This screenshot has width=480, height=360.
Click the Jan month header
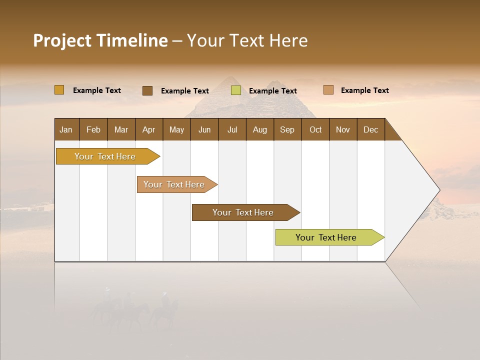tap(66, 129)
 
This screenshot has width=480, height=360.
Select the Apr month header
tap(148, 129)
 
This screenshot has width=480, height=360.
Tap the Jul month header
tap(232, 129)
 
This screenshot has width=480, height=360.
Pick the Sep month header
tap(287, 129)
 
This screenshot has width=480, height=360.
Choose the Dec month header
tap(370, 129)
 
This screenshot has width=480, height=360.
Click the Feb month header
tap(93, 129)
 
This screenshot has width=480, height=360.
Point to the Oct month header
tap(315, 129)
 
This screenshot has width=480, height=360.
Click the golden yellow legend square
tap(59, 90)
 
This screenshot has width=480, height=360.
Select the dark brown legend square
tap(147, 90)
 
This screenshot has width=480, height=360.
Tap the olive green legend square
tap(236, 90)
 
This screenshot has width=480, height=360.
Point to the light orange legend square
tap(328, 90)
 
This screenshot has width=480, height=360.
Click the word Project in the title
tap(62, 40)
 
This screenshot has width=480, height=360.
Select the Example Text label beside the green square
tap(272, 91)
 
